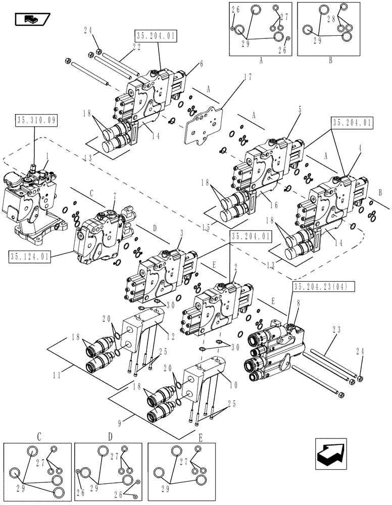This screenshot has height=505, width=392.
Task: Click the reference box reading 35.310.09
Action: pyautogui.click(x=37, y=121)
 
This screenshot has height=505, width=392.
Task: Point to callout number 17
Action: pyautogui.click(x=233, y=78)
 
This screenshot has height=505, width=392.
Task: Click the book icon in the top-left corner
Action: pyautogui.click(x=33, y=19)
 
